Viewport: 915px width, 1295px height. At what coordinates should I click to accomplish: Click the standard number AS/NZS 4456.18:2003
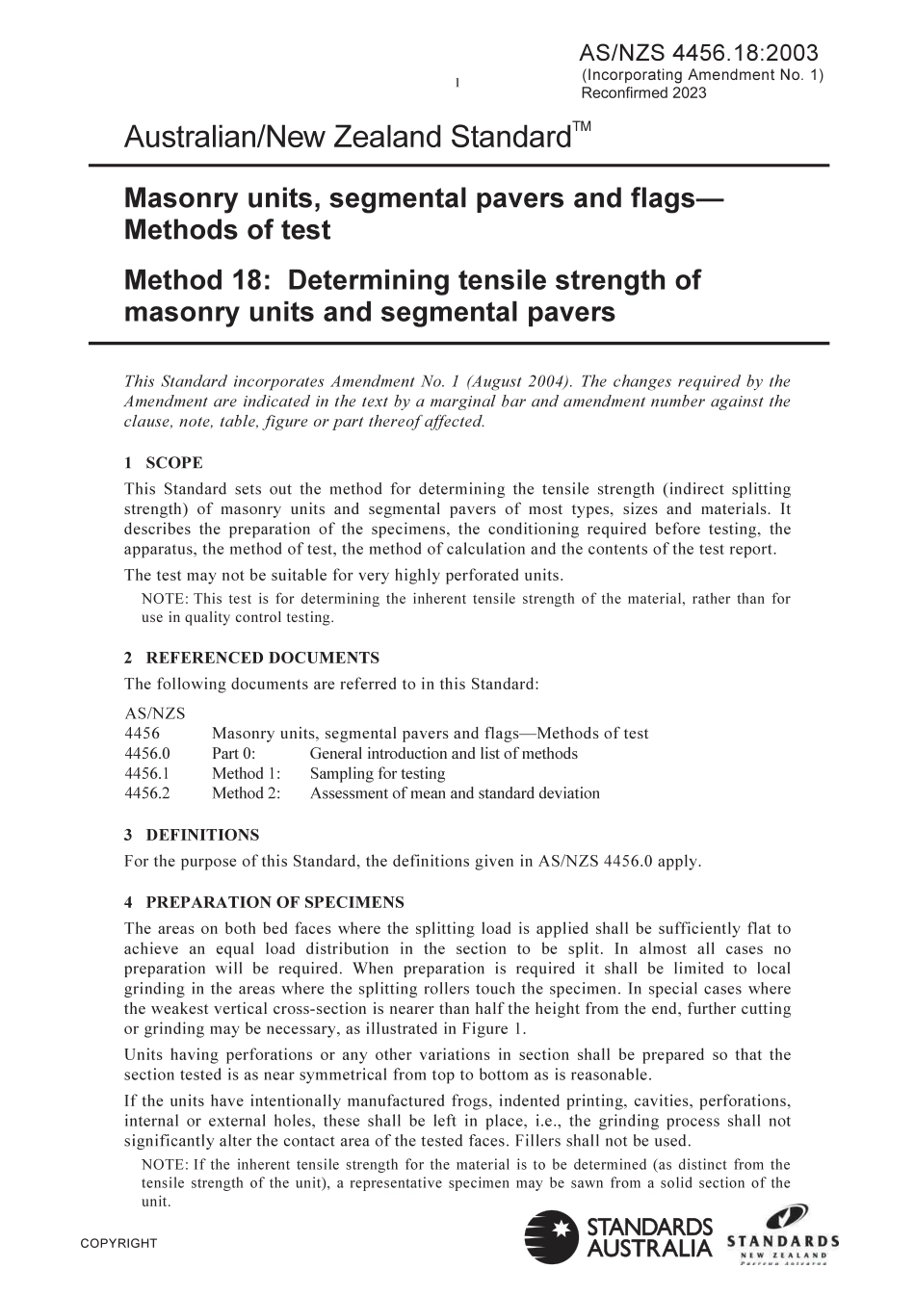(699, 53)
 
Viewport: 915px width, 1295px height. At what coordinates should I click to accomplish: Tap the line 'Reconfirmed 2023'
(643, 93)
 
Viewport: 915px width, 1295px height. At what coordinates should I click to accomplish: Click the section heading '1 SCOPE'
(164, 463)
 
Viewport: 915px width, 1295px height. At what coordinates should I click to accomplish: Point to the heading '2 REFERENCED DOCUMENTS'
(251, 659)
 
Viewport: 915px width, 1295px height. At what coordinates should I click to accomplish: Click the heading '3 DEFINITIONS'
(192, 835)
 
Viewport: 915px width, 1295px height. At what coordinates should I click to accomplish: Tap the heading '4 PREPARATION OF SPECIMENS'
(264, 903)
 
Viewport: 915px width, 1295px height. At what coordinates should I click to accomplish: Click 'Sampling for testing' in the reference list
(378, 774)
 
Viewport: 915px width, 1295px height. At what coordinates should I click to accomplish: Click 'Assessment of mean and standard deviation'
(455, 793)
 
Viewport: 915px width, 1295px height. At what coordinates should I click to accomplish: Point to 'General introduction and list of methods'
(444, 754)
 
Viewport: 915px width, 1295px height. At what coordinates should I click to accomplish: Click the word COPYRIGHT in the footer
(118, 1244)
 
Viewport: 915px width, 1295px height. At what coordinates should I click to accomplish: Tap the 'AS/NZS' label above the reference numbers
(155, 713)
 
